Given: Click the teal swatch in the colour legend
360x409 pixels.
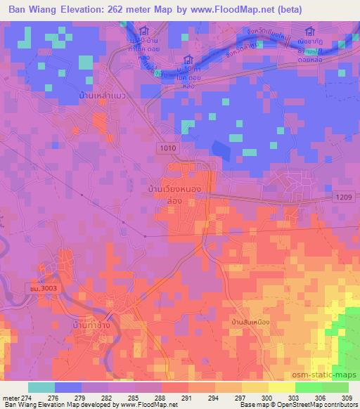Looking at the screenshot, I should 41,387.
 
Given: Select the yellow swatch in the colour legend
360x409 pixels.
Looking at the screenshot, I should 282,387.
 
